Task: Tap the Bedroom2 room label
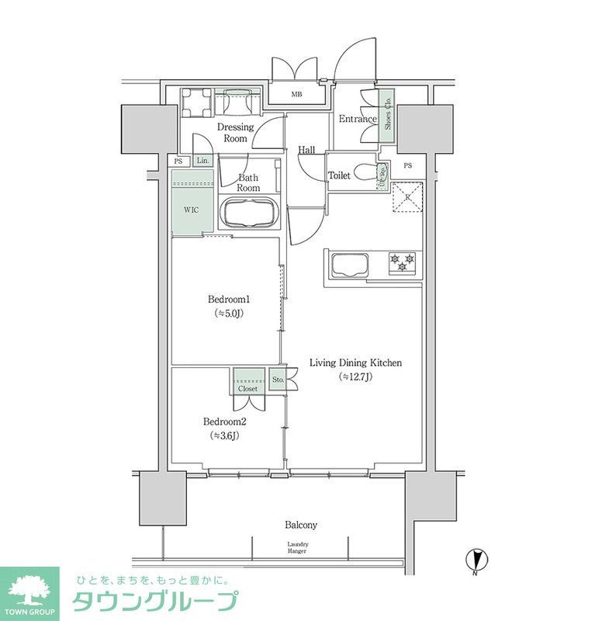224,422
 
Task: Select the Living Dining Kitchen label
355,363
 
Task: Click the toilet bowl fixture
361,172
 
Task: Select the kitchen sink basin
349,265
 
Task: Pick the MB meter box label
296,95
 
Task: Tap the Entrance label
357,120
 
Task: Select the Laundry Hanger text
297,546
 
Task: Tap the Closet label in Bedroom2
247,388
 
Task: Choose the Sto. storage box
279,380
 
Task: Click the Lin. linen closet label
202,161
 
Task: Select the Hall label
306,151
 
